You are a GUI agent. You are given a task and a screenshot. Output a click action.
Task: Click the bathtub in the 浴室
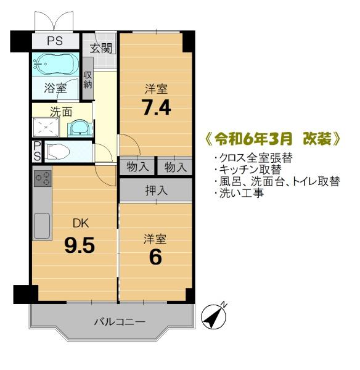pyautogui.click(x=55, y=64)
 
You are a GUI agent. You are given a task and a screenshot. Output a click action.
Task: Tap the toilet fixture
pyautogui.click(x=58, y=151)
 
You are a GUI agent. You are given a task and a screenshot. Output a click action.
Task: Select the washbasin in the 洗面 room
pyautogui.click(x=80, y=128)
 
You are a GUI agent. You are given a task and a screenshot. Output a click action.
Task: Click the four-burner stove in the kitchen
pyautogui.click(x=43, y=178)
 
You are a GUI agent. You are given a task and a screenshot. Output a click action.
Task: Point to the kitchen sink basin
pyautogui.click(x=42, y=226)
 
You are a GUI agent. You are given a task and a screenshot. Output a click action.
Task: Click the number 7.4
pyautogui.click(x=156, y=107)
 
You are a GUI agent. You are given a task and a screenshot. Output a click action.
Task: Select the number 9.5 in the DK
pyautogui.click(x=80, y=245)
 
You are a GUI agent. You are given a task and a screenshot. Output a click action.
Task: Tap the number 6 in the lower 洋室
pyautogui.click(x=155, y=257)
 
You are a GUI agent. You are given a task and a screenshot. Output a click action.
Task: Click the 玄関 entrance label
pyautogui.click(x=101, y=49)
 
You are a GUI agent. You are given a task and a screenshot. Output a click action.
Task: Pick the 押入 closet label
pyautogui.click(x=156, y=190)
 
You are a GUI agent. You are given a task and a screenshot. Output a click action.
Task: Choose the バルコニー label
pyautogui.click(x=120, y=322)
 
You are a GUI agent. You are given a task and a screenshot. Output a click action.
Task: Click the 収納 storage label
pyautogui.click(x=88, y=80)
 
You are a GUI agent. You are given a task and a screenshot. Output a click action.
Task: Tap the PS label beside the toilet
pyautogui.click(x=37, y=151)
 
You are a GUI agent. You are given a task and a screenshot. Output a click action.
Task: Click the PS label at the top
pyautogui.click(x=55, y=41)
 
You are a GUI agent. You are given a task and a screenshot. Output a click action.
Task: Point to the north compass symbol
pyautogui.click(x=214, y=316)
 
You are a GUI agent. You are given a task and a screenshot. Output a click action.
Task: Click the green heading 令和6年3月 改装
pyautogui.click(x=273, y=140)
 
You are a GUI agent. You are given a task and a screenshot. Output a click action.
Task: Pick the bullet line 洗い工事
pyautogui.click(x=239, y=193)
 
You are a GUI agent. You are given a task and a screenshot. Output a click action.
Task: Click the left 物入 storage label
pyautogui.click(x=137, y=167)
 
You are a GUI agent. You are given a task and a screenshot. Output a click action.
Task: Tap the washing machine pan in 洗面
pyautogui.click(x=46, y=128)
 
